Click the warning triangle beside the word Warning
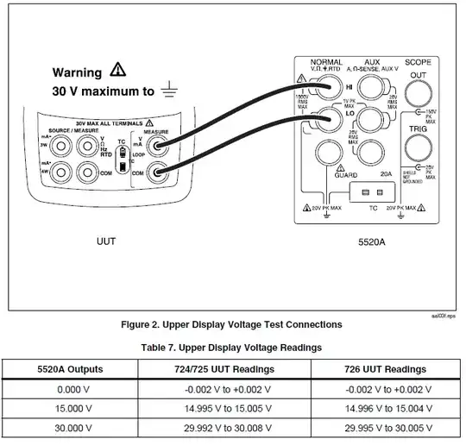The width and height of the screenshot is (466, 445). coord(117,72)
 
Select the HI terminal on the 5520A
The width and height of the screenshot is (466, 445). coord(327,87)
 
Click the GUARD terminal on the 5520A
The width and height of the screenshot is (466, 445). coord(327,154)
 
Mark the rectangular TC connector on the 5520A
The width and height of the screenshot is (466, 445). coord(373,192)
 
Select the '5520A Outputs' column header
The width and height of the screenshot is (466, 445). coord(71,369)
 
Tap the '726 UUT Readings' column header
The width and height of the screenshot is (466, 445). coord(384,369)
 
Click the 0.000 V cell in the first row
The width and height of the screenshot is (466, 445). coord(71,389)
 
